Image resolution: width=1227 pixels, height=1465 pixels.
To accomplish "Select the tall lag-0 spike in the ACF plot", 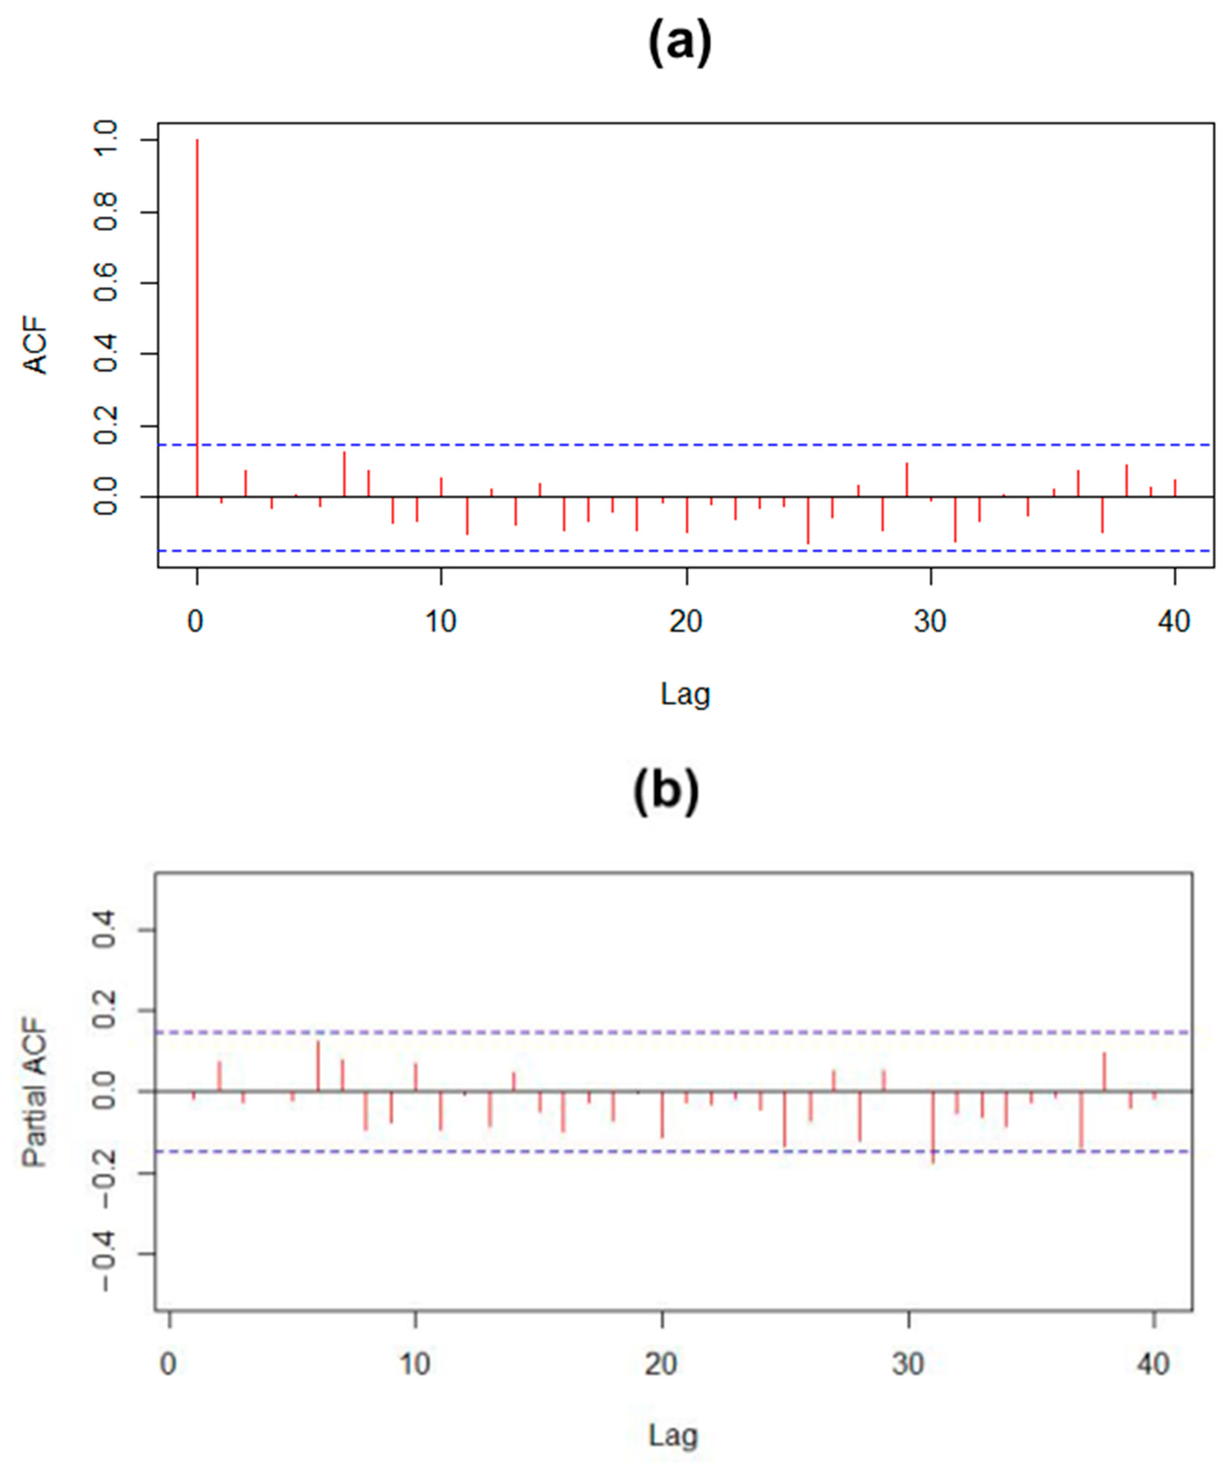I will (197, 314).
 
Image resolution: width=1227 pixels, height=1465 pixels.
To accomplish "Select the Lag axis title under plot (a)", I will (685, 694).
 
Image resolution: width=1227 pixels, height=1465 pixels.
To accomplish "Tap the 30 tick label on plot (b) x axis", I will (908, 1363).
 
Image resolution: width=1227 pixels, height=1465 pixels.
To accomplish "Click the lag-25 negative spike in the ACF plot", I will (808, 520).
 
